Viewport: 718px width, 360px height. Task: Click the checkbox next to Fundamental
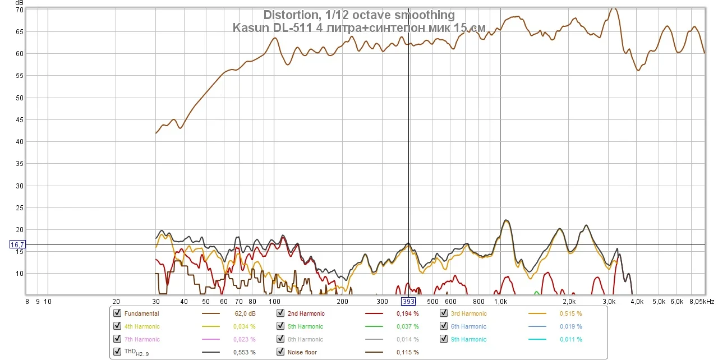coord(117,313)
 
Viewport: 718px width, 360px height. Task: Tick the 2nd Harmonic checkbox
coord(280,313)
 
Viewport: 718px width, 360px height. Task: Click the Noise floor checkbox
coord(280,352)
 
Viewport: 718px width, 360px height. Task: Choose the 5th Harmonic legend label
coord(306,326)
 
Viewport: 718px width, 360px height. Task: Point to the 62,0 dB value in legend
coord(245,313)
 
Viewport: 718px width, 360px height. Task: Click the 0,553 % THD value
coord(244,352)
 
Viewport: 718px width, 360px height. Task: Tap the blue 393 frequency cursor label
coord(409,301)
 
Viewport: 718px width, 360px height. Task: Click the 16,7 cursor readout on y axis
coord(17,244)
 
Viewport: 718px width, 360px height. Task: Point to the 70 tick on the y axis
coord(19,10)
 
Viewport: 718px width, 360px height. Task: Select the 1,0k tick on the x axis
coord(501,301)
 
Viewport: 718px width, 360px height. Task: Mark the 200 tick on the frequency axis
coord(342,301)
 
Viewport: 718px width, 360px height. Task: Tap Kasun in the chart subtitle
coord(249,27)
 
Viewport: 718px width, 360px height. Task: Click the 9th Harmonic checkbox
coord(444,339)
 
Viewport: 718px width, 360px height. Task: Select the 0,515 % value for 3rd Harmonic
coord(570,313)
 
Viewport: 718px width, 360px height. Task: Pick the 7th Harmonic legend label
coord(142,339)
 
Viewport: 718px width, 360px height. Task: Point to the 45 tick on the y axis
coord(19,119)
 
